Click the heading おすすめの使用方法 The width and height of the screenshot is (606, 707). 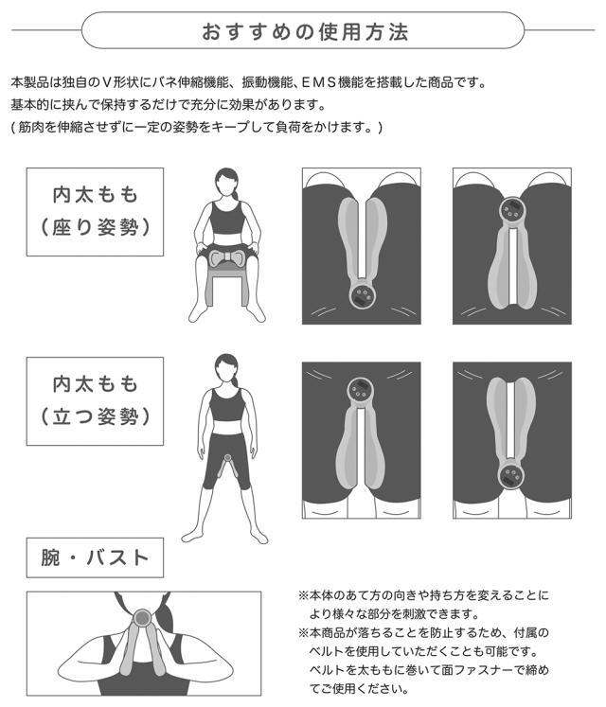304,30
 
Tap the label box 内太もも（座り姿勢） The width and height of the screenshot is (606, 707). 95,211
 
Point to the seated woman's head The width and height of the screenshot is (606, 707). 226,181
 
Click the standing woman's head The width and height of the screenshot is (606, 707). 226,366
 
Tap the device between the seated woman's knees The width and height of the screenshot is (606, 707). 225,256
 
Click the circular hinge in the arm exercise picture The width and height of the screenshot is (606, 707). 143,618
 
